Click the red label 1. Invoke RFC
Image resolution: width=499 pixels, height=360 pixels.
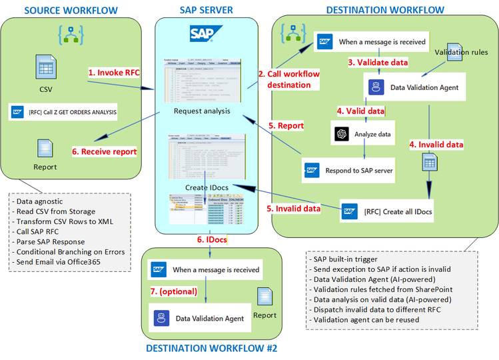(114, 72)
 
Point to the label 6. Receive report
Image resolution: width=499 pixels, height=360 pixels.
(104, 151)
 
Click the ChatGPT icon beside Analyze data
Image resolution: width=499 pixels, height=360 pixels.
(342, 134)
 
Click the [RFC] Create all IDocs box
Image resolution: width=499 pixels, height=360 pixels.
(388, 211)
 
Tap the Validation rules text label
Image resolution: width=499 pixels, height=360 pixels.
(461, 52)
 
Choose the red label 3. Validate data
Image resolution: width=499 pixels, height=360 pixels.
(378, 63)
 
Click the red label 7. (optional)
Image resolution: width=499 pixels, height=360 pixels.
(173, 291)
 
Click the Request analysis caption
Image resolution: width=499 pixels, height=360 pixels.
(203, 111)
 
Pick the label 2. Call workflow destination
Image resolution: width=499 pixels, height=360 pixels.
(289, 79)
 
